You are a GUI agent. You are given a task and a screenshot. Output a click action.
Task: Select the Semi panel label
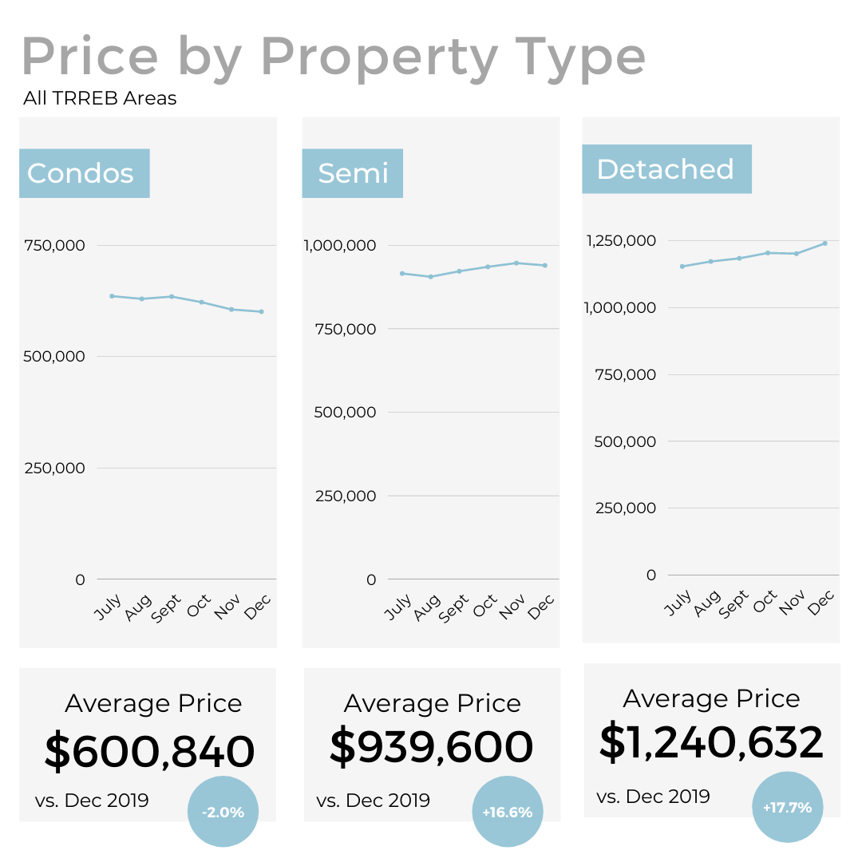(352, 173)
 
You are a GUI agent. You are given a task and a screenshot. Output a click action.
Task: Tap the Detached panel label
(666, 169)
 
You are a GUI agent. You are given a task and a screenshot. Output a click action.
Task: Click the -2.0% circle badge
(223, 812)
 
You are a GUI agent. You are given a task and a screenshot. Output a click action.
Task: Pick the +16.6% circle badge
(507, 812)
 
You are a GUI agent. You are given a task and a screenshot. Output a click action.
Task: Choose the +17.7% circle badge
(787, 807)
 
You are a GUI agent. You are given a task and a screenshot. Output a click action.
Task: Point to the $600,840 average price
(149, 752)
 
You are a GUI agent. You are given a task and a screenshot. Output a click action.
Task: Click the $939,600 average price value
(431, 747)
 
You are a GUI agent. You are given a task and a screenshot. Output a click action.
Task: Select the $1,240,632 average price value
(711, 742)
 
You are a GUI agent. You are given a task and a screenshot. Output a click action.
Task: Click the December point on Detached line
(824, 243)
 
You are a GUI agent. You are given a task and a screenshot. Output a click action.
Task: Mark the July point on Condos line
(112, 296)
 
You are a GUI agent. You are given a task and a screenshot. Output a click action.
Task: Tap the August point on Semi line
(431, 277)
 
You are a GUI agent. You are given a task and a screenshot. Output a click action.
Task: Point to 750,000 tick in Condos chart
(54, 245)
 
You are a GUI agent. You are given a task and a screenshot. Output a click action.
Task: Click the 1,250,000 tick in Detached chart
(621, 240)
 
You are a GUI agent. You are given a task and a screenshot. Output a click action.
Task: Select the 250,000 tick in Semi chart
(345, 496)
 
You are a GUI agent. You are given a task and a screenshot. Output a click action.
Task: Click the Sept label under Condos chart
(168, 608)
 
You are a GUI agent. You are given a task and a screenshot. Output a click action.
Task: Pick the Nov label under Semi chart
(509, 607)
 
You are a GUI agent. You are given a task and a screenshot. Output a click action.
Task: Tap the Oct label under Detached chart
(765, 600)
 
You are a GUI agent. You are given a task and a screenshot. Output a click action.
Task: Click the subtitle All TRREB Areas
(100, 99)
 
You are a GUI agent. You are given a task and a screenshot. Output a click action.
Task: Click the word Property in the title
(380, 56)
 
